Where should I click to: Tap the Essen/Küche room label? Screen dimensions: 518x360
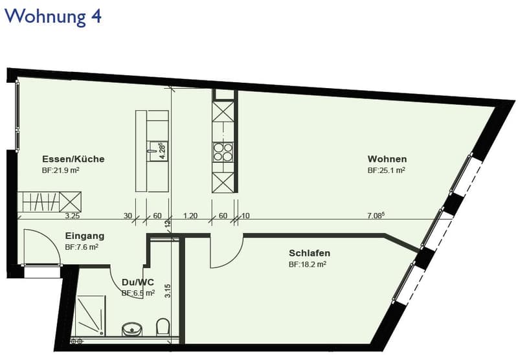[x=73, y=159]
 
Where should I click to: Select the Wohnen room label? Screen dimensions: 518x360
[x=387, y=159]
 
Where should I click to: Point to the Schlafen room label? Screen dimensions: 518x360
[x=310, y=253]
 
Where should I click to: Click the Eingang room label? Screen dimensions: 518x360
[x=85, y=236]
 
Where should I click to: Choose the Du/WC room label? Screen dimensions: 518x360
[x=138, y=282]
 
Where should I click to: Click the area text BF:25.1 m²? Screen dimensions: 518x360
[x=387, y=170]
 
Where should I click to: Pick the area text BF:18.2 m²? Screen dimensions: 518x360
[x=308, y=264]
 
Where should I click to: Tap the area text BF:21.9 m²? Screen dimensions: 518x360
[x=60, y=170]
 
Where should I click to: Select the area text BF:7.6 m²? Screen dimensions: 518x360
[x=82, y=247]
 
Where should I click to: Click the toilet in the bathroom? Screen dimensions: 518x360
[x=163, y=326]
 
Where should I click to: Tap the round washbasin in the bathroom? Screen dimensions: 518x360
[x=132, y=330]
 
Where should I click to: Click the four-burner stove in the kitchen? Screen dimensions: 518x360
[x=223, y=152]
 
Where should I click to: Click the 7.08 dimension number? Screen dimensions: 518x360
[x=376, y=216]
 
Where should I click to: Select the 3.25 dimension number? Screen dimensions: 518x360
[x=72, y=216]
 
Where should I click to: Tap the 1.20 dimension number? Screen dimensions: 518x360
[x=190, y=216]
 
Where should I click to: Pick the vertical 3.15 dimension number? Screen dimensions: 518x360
[x=168, y=291]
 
